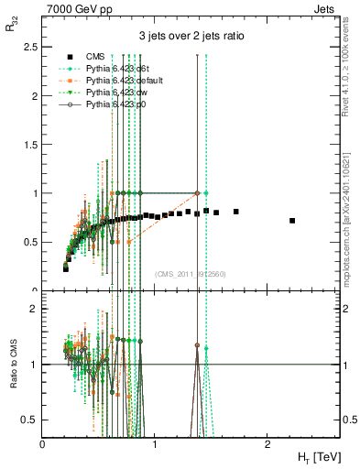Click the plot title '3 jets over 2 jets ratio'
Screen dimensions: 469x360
[191, 36]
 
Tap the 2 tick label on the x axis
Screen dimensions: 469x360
[267, 445]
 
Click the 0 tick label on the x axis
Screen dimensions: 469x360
[42, 445]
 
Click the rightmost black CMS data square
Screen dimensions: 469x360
[292, 221]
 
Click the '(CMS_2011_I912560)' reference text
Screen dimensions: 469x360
[191, 274]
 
